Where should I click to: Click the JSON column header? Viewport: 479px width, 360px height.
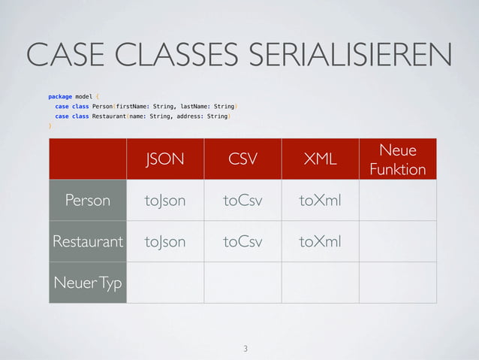(165, 159)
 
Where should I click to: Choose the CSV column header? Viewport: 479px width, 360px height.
(243, 159)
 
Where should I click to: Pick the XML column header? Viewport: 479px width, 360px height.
(320, 159)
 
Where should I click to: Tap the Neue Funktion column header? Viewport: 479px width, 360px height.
(397, 159)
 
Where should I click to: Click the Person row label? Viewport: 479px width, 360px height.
(88, 201)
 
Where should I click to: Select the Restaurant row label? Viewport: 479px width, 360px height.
(88, 242)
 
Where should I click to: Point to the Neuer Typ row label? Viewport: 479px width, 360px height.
(88, 283)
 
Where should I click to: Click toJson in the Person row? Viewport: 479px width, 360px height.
(165, 201)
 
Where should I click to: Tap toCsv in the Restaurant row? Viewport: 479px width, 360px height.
(243, 242)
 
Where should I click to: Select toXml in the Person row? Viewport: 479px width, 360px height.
(320, 201)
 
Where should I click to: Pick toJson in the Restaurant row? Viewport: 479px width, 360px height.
(165, 242)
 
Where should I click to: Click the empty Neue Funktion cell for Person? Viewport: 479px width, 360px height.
(397, 201)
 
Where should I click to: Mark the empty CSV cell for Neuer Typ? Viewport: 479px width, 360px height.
(243, 283)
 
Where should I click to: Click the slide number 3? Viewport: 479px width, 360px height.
(245, 349)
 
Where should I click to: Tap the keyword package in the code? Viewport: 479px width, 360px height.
(61, 96)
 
